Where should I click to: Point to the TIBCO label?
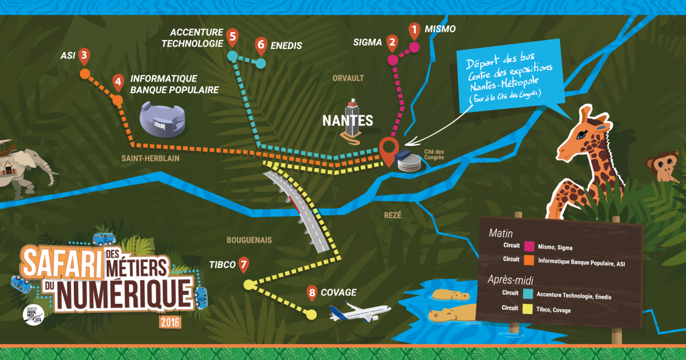click(x=222, y=265)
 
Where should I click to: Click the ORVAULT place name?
click(x=348, y=78)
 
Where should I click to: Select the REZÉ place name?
click(x=393, y=215)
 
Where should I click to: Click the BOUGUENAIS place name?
click(x=249, y=240)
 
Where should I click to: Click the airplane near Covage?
click(x=360, y=312)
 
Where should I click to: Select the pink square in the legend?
click(x=529, y=246)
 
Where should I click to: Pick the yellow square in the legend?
click(x=529, y=308)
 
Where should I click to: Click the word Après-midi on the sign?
click(x=513, y=280)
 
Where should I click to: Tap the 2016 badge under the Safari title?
click(x=170, y=322)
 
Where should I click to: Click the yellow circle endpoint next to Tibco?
click(x=248, y=284)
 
